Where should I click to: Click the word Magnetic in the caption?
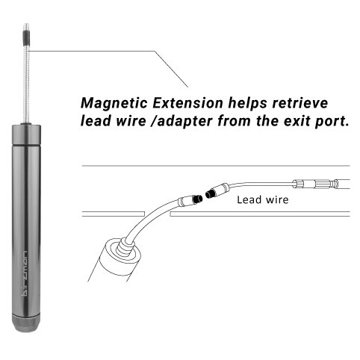[114, 103]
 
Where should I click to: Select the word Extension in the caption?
[187, 103]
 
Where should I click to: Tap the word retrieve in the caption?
[300, 103]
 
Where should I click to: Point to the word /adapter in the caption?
[181, 122]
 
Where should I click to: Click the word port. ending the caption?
[332, 122]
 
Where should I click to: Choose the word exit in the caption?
[297, 121]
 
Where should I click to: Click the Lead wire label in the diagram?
[263, 199]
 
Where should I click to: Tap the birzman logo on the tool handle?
[25, 273]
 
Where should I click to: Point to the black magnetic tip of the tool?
[26, 37]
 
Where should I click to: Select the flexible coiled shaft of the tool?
[26, 84]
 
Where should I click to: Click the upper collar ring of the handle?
[26, 134]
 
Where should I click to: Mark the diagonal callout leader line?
[171, 69]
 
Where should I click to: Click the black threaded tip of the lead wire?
[210, 193]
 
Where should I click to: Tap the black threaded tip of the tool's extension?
[198, 199]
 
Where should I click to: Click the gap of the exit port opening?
[158, 214]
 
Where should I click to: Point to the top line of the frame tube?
[216, 166]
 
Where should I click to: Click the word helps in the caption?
[247, 104]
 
